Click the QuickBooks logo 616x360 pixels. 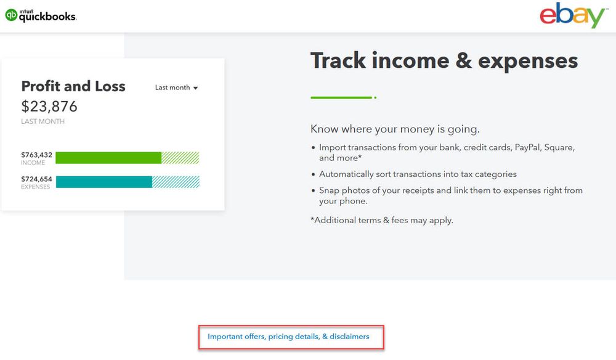tap(41, 16)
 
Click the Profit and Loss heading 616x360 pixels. tap(73, 86)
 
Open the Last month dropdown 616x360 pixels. tap(176, 88)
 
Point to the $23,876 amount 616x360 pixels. tap(49, 106)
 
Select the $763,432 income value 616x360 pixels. tap(36, 155)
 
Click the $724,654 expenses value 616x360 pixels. tap(36, 179)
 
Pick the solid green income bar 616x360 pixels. tap(108, 158)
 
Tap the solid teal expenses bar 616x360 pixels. tap(104, 182)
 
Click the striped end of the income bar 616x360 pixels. tap(180, 158)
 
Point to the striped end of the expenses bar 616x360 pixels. tap(176, 182)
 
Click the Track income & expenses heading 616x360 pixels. tap(444, 61)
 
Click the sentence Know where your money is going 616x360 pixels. tap(395, 129)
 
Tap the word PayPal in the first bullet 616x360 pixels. tap(527, 147)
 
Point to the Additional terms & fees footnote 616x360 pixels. tap(381, 220)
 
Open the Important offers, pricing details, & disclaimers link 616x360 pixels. tap(288, 337)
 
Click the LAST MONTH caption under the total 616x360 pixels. tap(43, 121)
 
